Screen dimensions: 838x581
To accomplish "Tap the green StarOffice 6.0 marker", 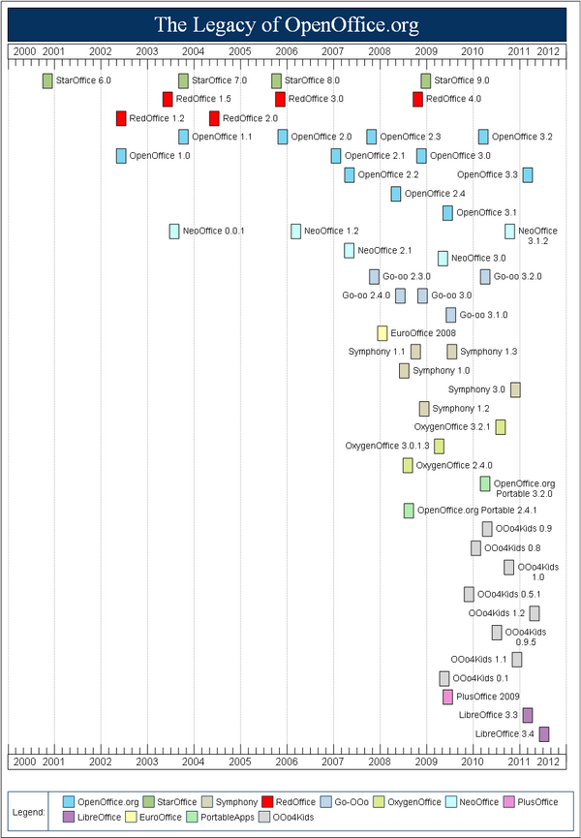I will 47,80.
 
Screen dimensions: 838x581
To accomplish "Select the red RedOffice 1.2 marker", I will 121,118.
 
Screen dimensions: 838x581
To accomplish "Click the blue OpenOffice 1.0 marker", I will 121,156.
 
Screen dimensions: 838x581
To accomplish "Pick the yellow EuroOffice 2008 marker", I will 382,333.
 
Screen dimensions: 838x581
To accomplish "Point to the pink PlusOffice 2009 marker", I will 447,697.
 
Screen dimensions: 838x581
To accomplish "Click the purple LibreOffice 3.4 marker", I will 544,734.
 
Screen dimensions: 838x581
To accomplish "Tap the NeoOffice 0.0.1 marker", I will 174,231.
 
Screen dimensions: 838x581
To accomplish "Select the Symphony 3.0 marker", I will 515,389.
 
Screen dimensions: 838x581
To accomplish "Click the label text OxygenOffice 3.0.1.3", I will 387,446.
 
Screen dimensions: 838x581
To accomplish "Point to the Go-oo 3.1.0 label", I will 484,315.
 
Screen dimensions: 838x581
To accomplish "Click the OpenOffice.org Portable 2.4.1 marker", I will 409,511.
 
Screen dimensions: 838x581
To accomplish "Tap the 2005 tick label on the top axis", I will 239,50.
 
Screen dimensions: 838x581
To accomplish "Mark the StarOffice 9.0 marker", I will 425,80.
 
